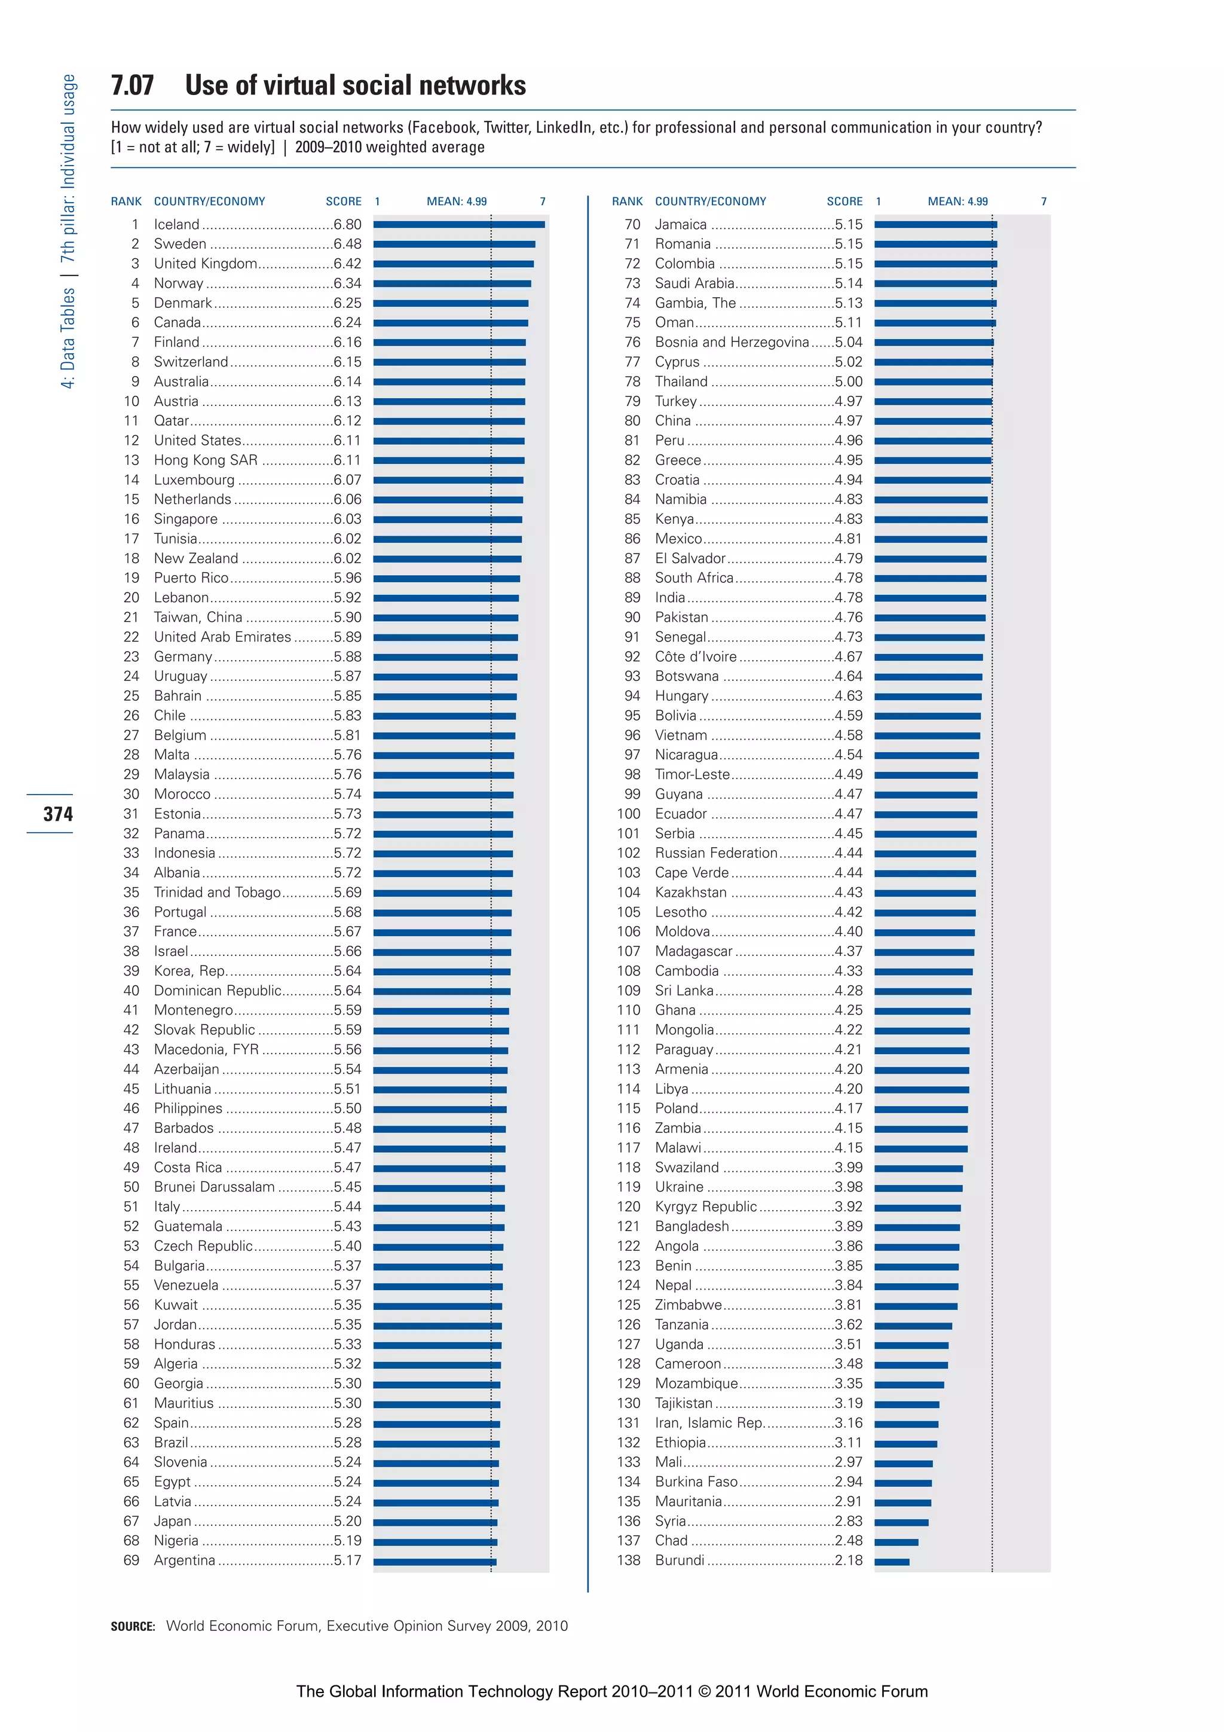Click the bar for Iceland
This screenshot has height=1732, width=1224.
tap(458, 224)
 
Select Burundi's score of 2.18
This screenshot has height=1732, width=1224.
tap(849, 1560)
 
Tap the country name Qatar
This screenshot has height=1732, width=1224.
tap(171, 421)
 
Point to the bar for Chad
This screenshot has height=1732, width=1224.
tap(896, 1542)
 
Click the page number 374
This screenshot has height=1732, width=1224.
tap(58, 814)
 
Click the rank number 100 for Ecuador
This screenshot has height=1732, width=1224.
tap(628, 814)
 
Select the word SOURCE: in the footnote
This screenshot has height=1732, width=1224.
tap(133, 1626)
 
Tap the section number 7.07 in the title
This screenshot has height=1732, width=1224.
tap(133, 85)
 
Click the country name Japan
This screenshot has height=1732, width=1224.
tap(173, 1521)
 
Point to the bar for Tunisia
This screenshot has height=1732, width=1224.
tap(447, 539)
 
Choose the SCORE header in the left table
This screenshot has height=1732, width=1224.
tap(343, 201)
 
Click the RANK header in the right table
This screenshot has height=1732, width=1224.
tap(627, 201)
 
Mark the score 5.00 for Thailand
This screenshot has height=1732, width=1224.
tap(849, 381)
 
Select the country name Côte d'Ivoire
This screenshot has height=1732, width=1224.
tap(695, 657)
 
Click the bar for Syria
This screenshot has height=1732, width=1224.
tap(901, 1522)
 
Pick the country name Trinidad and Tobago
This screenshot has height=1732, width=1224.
tap(217, 893)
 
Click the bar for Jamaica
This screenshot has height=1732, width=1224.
tap(935, 224)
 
